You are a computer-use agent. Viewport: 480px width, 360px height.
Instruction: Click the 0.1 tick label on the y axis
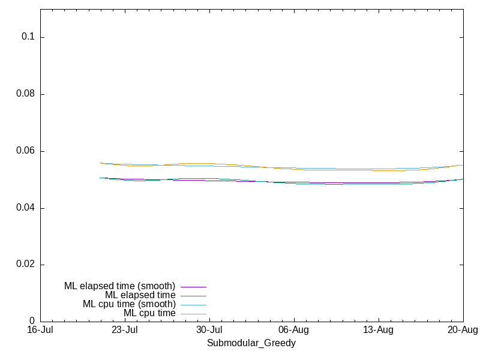point(28,37)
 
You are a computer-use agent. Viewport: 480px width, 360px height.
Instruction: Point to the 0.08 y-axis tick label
point(25,94)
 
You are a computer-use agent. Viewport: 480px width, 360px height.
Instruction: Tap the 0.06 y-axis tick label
point(25,151)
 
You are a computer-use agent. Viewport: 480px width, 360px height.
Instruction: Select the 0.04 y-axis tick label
point(25,208)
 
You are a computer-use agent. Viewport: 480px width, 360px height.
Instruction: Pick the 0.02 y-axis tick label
point(25,264)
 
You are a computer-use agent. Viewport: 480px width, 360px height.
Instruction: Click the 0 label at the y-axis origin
point(32,321)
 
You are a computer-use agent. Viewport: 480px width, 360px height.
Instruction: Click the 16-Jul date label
point(40,330)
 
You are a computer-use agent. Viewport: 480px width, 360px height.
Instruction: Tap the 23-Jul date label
point(125,330)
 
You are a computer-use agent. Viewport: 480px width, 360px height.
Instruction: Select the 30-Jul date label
point(209,330)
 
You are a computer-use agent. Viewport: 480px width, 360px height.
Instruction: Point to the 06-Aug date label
point(294,330)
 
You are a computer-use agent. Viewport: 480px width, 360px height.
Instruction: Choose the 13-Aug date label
point(379,330)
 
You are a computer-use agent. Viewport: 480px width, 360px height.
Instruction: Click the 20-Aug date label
point(463,330)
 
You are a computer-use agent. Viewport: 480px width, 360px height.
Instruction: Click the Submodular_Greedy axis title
point(251,343)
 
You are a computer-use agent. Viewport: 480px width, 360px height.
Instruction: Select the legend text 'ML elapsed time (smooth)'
point(119,286)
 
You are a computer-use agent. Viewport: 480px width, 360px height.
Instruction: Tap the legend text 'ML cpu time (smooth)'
point(129,304)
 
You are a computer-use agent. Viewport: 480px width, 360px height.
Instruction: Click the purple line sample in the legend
point(193,287)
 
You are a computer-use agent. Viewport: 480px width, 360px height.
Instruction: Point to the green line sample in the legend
point(193,296)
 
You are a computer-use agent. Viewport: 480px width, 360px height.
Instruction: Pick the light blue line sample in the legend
point(193,305)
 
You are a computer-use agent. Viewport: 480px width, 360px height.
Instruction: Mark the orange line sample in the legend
point(193,314)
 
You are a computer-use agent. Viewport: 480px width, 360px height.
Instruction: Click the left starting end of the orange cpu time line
point(100,163)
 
